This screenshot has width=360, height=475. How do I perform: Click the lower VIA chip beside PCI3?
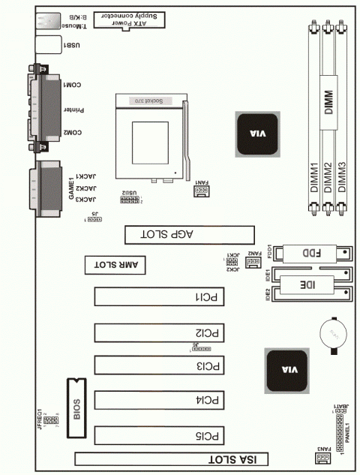pos(284,370)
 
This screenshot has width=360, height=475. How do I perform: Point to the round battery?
pos(331,335)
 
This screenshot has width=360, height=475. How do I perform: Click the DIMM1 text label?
pos(315,180)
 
